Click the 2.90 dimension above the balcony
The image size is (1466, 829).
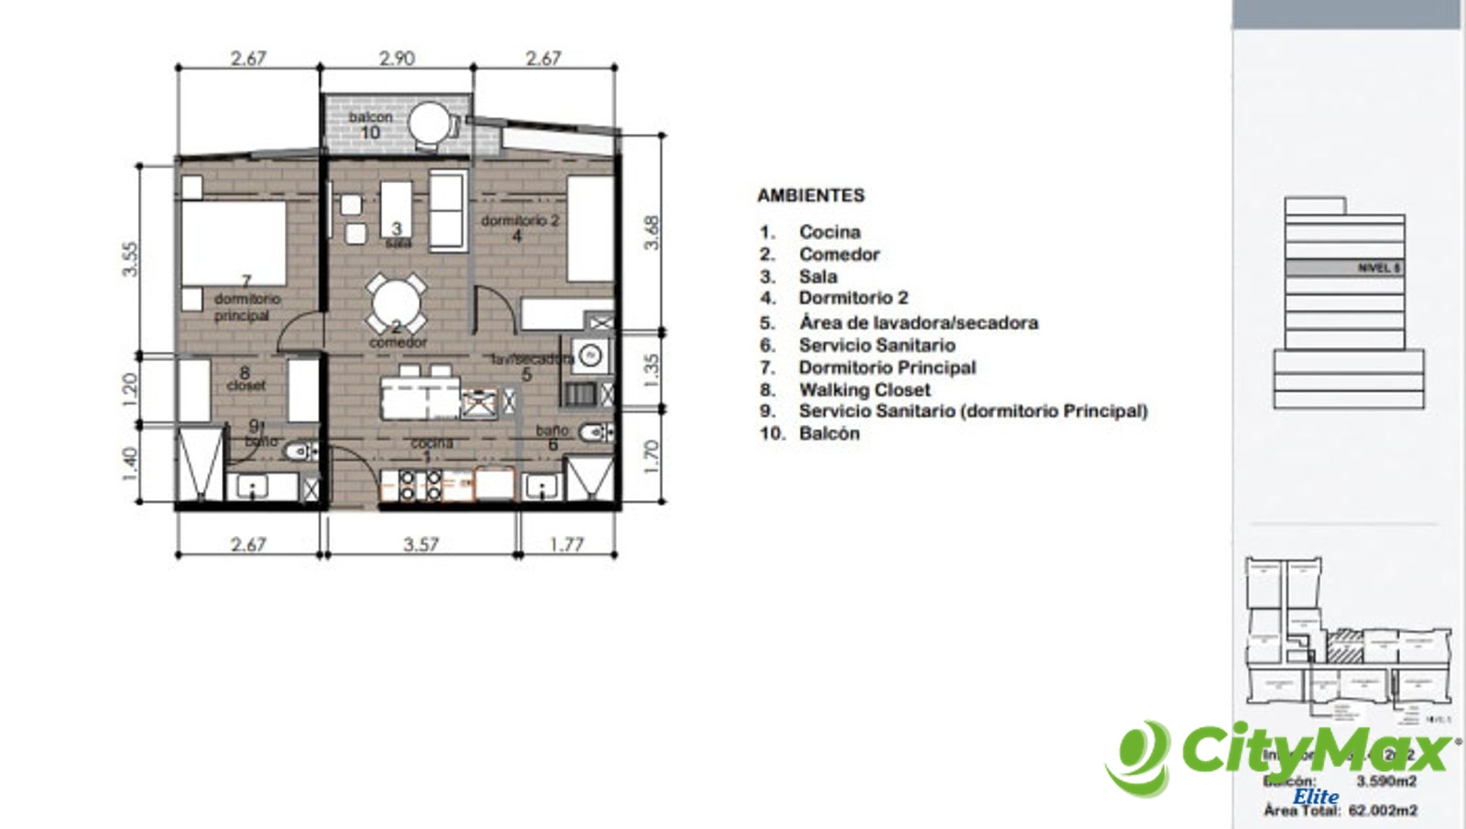[397, 58]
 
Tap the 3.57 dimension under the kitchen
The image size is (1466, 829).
[421, 544]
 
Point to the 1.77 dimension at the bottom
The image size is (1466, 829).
[566, 544]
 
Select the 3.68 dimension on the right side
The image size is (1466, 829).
[651, 233]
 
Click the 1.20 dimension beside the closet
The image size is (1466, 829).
[129, 389]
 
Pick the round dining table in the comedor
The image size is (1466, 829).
[397, 303]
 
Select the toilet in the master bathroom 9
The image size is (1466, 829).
[299, 452]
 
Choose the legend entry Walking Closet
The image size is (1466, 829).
[864, 389]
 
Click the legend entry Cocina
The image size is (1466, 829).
[829, 232]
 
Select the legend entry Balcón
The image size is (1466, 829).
[829, 433]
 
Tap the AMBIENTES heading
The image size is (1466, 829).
[810, 195]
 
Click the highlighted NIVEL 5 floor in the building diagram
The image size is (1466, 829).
[1344, 268]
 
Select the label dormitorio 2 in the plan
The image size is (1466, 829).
[520, 221]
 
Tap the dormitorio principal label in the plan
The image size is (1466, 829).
[246, 307]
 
